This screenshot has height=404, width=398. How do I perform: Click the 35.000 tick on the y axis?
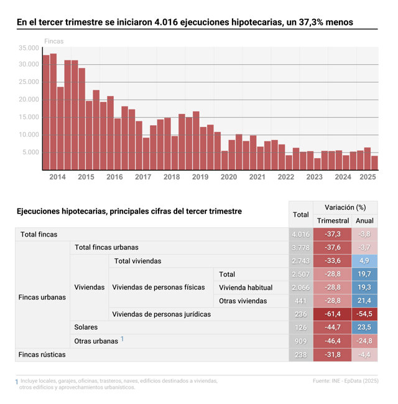pos(29,47)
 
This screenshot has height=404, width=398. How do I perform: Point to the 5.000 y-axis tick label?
pos(30,153)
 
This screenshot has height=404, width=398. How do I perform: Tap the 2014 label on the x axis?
pos(57,177)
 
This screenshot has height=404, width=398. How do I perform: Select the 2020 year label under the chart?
pos(228,177)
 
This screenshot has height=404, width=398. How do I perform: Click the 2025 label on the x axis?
pos(368,177)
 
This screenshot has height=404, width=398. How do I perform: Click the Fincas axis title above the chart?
pos(53,41)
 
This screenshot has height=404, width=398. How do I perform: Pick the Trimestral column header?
pos(333,221)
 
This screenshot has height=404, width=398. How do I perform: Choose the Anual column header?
pos(364,221)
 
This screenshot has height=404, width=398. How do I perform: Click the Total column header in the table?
pos(300,215)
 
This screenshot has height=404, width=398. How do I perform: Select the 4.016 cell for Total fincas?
pos(300,234)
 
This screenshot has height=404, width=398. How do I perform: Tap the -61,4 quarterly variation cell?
pos(333,314)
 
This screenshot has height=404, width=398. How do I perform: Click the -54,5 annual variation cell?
pos(364,314)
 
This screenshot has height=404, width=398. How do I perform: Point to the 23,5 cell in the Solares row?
pos(364,327)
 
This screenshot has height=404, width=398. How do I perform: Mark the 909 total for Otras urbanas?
pos(300,341)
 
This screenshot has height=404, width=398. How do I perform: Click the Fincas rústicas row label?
pos(42,354)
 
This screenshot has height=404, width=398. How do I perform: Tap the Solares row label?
pos(86,327)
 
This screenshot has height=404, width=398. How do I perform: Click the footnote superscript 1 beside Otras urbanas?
pos(123,339)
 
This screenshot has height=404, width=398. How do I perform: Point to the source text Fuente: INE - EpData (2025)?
pos(345,380)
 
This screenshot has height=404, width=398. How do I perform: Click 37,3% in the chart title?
pos(304,22)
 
